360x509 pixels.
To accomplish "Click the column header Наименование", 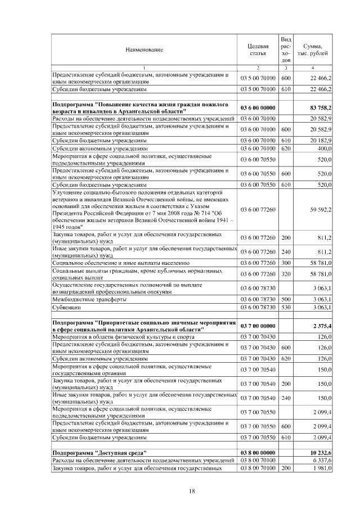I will click(145, 50).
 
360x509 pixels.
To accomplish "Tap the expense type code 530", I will click(285, 308).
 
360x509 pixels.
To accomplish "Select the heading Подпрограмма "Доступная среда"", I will click(100, 452).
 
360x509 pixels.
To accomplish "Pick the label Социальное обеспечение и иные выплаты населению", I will click(120, 263).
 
